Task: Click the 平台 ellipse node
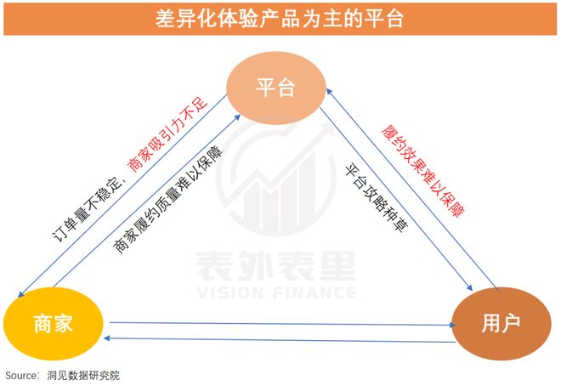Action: [276, 88]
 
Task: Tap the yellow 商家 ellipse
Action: [54, 323]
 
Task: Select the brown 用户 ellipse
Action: [501, 323]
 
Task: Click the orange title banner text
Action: [280, 18]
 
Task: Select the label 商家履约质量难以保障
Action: [167, 200]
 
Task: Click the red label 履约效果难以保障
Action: [423, 171]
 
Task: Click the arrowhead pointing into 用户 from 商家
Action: [453, 325]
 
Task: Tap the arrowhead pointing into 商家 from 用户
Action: [106, 338]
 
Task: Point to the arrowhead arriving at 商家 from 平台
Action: [20, 294]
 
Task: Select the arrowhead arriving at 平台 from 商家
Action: [237, 117]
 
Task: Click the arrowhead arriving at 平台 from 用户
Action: [329, 92]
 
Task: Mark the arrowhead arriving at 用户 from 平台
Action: [470, 287]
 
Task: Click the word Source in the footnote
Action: [20, 376]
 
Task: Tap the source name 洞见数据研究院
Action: [83, 376]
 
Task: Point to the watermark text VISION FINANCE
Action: [276, 292]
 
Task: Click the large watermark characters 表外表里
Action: [276, 265]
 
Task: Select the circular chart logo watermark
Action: [276, 178]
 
